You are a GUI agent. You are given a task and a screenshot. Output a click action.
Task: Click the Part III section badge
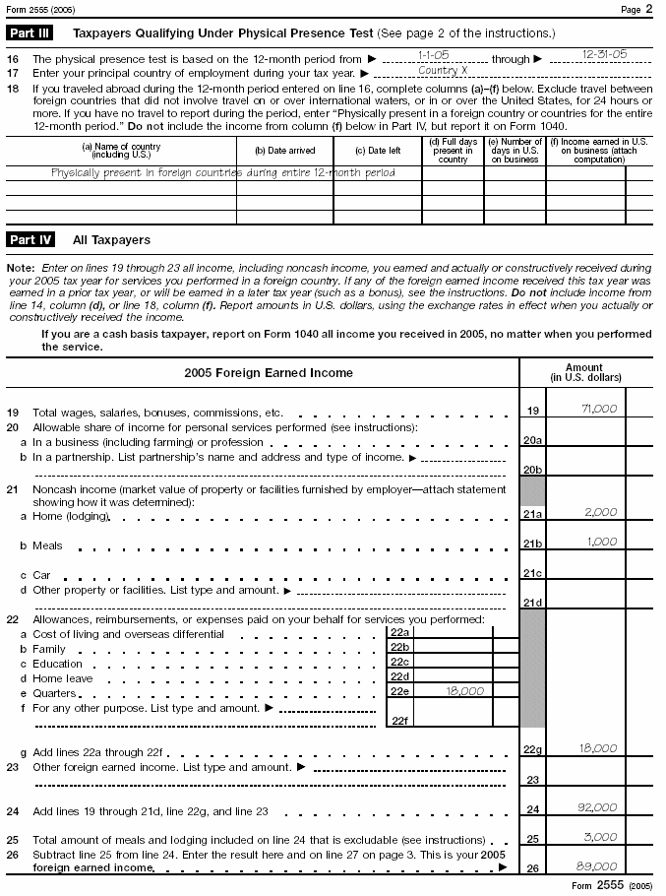tap(30, 32)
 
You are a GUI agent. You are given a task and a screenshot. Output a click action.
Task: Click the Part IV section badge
tap(30, 239)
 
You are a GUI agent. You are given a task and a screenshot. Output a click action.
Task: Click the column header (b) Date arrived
tap(284, 151)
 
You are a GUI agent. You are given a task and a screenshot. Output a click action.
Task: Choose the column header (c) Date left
tap(378, 151)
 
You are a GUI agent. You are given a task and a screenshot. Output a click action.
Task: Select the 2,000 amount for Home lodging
tap(600, 512)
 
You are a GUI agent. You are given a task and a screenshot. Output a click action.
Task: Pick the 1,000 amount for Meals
tap(600, 543)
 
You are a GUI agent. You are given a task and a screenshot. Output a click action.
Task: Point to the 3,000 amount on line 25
tap(600, 838)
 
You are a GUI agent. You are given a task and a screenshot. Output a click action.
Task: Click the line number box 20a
tap(532, 440)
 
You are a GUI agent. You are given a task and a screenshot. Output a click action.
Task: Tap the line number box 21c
tap(532, 573)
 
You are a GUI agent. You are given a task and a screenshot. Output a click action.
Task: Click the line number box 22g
tap(532, 750)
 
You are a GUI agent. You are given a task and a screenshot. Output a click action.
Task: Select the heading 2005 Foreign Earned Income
tap(268, 373)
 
